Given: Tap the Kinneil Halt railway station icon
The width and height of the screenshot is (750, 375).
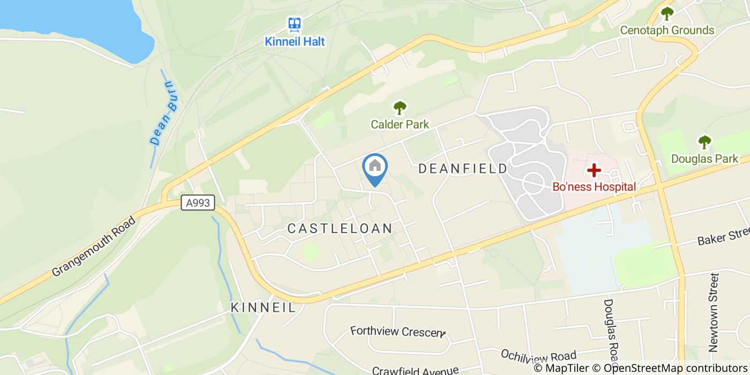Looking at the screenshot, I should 294,24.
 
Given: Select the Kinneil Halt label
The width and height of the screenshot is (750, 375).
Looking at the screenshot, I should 295,41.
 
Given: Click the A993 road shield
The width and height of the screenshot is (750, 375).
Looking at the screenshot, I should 198,203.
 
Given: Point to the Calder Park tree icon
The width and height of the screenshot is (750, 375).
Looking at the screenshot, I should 399,108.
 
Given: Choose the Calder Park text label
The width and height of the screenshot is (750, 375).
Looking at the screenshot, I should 400,124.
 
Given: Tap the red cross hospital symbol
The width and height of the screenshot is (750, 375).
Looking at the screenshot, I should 594,170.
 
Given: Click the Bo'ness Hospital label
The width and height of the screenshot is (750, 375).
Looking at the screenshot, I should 594,187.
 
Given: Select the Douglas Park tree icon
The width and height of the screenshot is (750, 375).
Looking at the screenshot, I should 704,142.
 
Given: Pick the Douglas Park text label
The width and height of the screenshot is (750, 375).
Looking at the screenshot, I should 704,159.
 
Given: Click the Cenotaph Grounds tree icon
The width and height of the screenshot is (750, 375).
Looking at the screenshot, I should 666,13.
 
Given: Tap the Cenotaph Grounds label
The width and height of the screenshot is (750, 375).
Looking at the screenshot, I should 667,30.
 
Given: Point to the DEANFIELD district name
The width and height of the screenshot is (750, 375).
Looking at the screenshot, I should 462,169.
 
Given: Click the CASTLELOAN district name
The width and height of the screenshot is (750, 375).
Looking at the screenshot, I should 340,228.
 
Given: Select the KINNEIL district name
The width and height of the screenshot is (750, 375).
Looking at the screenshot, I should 263,307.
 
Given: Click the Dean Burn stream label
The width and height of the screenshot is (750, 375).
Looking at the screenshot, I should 163,113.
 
